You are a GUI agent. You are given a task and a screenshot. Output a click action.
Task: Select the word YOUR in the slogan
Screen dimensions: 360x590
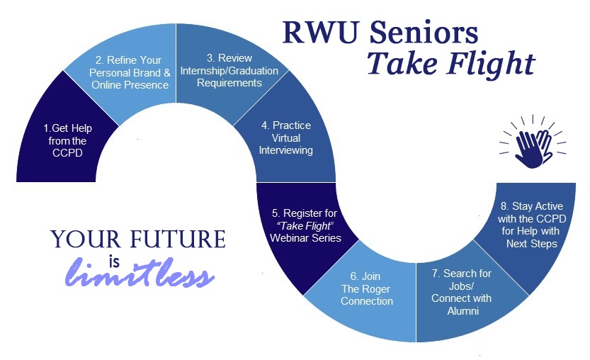click(x=83, y=239)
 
